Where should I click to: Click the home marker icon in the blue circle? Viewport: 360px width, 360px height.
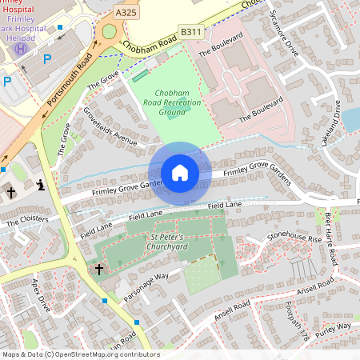180,173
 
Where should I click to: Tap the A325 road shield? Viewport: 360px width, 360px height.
126,13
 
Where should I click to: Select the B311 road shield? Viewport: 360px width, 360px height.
190,31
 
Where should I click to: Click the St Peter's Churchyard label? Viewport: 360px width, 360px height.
168,242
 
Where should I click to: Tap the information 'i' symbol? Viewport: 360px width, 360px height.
41,186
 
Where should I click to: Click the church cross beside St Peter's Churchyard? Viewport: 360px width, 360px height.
99,270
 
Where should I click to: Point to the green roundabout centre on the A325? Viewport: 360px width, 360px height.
109,32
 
